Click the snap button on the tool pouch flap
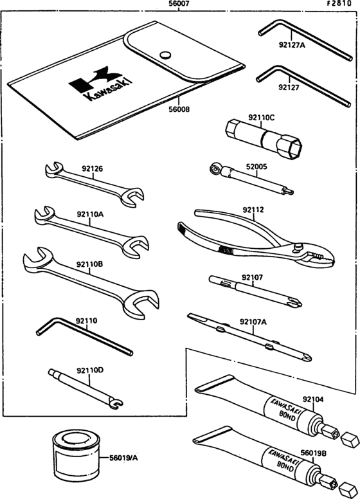pyautogui.click(x=165, y=55)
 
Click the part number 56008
pyautogui.click(x=179, y=109)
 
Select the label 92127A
pyautogui.click(x=292, y=45)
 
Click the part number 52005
pyautogui.click(x=256, y=167)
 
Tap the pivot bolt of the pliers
pyautogui.click(x=298, y=246)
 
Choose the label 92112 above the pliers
pyautogui.click(x=253, y=210)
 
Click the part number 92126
pyautogui.click(x=92, y=168)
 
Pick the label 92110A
pyautogui.click(x=90, y=214)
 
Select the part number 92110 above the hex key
pyautogui.click(x=87, y=320)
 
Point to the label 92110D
pyautogui.click(x=90, y=370)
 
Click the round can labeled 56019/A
pyautogui.click(x=76, y=455)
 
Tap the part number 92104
pyautogui.click(x=313, y=399)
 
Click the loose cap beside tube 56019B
pyautogui.click(x=347, y=487)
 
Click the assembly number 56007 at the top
pyautogui.click(x=179, y=4)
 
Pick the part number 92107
pyautogui.click(x=252, y=277)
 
